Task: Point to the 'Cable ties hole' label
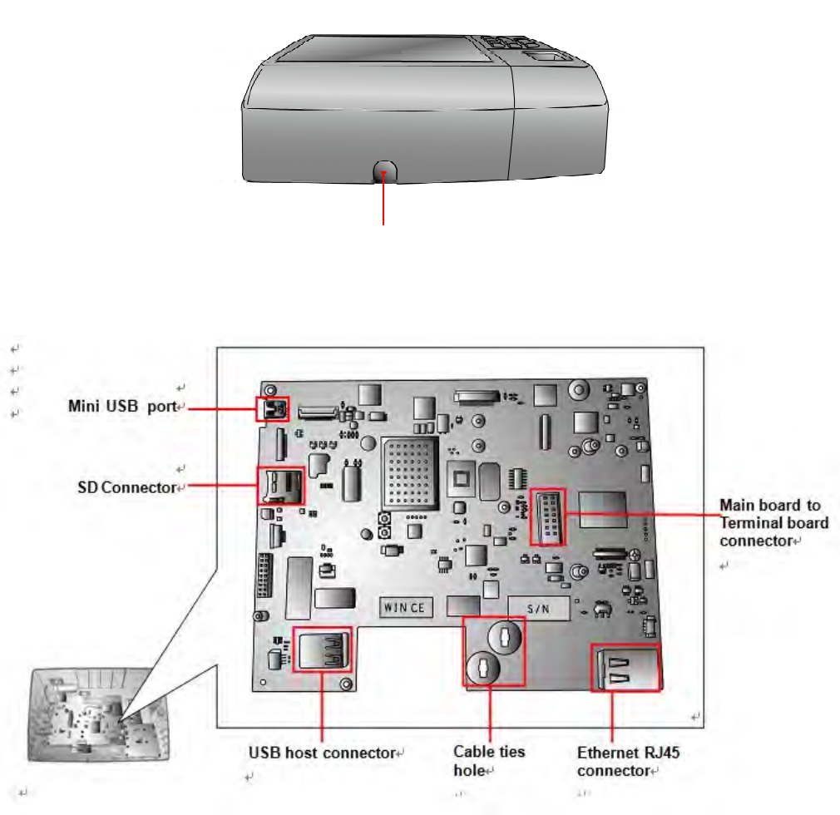tap(489, 760)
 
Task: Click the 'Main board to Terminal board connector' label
tap(773, 522)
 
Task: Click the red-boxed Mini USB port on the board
tap(273, 408)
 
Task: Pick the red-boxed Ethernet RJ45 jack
tap(625, 668)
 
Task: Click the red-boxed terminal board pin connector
tap(547, 517)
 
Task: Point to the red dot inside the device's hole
tap(383, 173)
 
